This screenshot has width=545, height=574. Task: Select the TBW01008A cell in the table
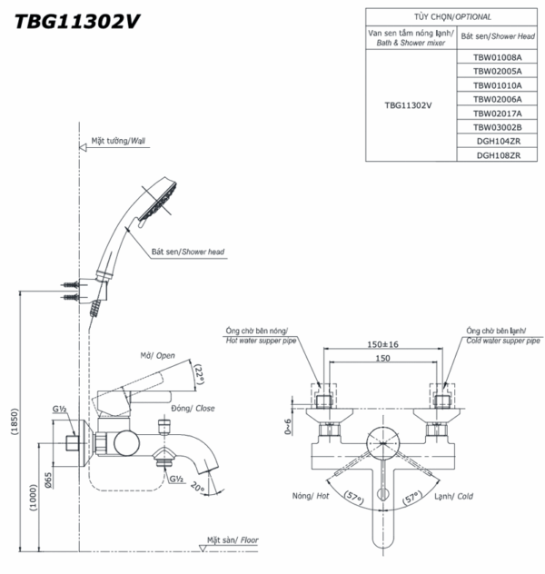pyautogui.click(x=490, y=55)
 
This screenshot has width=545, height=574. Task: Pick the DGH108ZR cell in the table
pyautogui.click(x=490, y=155)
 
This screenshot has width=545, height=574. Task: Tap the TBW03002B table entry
pyautogui.click(x=490, y=127)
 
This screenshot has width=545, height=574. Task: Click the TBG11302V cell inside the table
pyautogui.click(x=408, y=104)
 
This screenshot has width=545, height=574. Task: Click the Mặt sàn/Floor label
pyautogui.click(x=231, y=539)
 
